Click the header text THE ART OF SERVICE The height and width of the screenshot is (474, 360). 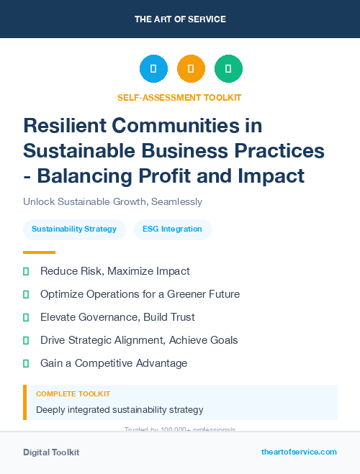pos(180,19)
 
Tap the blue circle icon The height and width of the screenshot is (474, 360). pos(153,69)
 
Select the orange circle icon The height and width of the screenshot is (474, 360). pos(191,69)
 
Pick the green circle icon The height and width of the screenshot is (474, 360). pos(228,69)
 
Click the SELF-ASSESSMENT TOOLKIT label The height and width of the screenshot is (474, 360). pos(179,97)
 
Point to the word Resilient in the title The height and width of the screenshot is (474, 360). pos(66,126)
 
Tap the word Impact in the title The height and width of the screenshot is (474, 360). pos(273,175)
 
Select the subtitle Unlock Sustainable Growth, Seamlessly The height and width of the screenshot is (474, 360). pos(112,202)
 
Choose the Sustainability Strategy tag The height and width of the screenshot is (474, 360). pos(74,229)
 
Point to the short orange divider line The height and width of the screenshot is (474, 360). pos(39,252)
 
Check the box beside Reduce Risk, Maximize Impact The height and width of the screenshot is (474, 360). pos(26,271)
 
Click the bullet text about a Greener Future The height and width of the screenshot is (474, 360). pos(140,294)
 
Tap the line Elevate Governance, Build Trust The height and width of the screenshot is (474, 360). pos(117,317)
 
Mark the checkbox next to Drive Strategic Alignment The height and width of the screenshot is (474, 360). pos(26,340)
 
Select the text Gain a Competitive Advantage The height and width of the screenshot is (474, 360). pos(114,363)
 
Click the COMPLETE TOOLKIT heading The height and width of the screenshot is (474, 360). pos(73,394)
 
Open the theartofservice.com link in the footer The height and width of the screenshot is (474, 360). pos(299,452)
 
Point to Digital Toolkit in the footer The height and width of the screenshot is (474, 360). pos(51,452)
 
